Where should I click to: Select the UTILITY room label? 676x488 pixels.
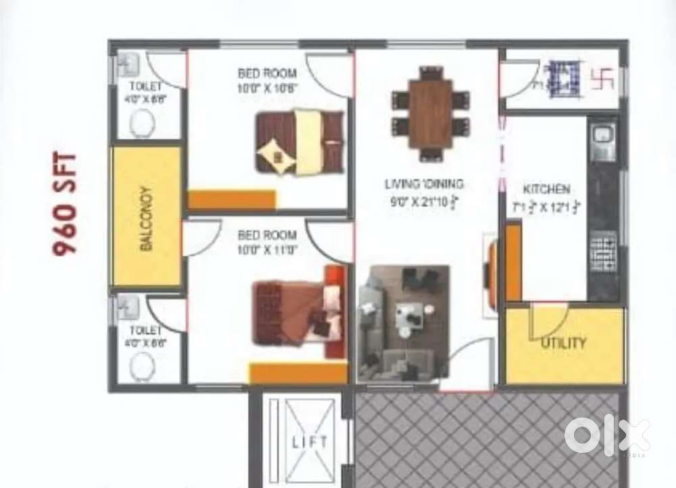tap(563, 343)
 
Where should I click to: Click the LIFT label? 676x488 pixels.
tap(310, 442)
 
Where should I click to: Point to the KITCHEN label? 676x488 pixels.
tap(547, 189)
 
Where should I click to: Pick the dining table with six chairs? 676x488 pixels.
tap(431, 114)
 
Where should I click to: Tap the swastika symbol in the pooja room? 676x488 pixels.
tap(602, 80)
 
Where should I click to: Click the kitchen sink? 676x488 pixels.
tap(602, 138)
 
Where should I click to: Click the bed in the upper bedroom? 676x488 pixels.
tap(299, 141)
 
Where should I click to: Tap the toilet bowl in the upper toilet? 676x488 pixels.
tap(143, 125)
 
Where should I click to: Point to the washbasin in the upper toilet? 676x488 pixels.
tap(127, 67)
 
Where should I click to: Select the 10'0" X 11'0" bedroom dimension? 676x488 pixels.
tap(267, 249)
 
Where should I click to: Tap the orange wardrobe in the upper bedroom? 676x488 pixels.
tap(231, 199)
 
